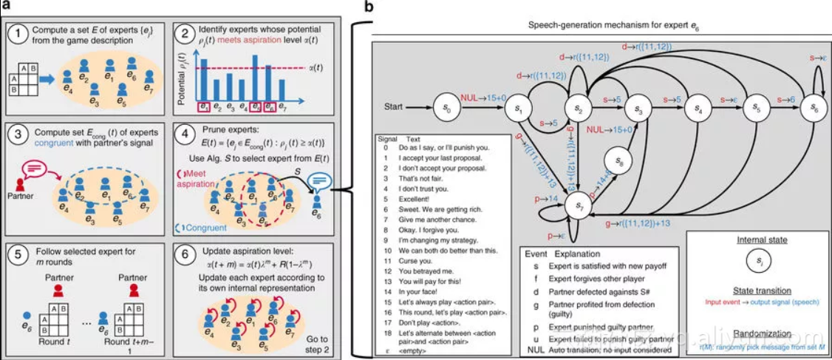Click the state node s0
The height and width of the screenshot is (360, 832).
click(446, 106)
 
